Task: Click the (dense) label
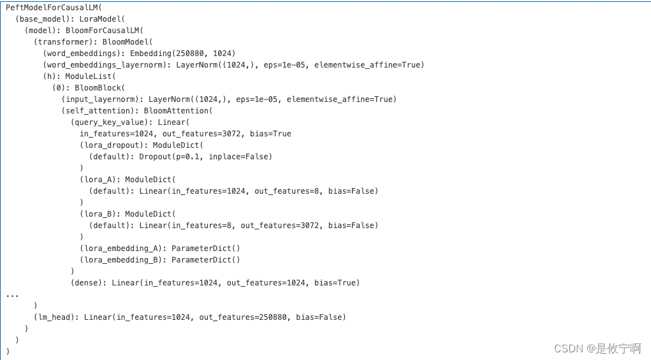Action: point(89,282)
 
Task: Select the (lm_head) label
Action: point(56,317)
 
